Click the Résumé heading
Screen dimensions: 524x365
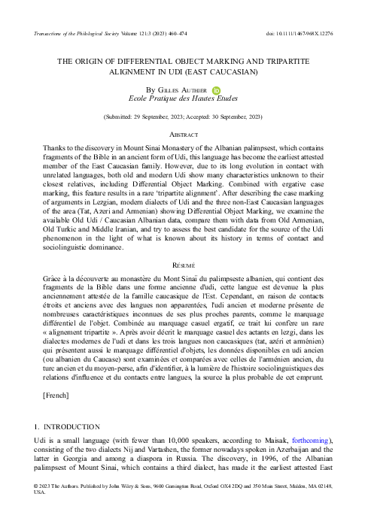[x=182, y=286]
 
